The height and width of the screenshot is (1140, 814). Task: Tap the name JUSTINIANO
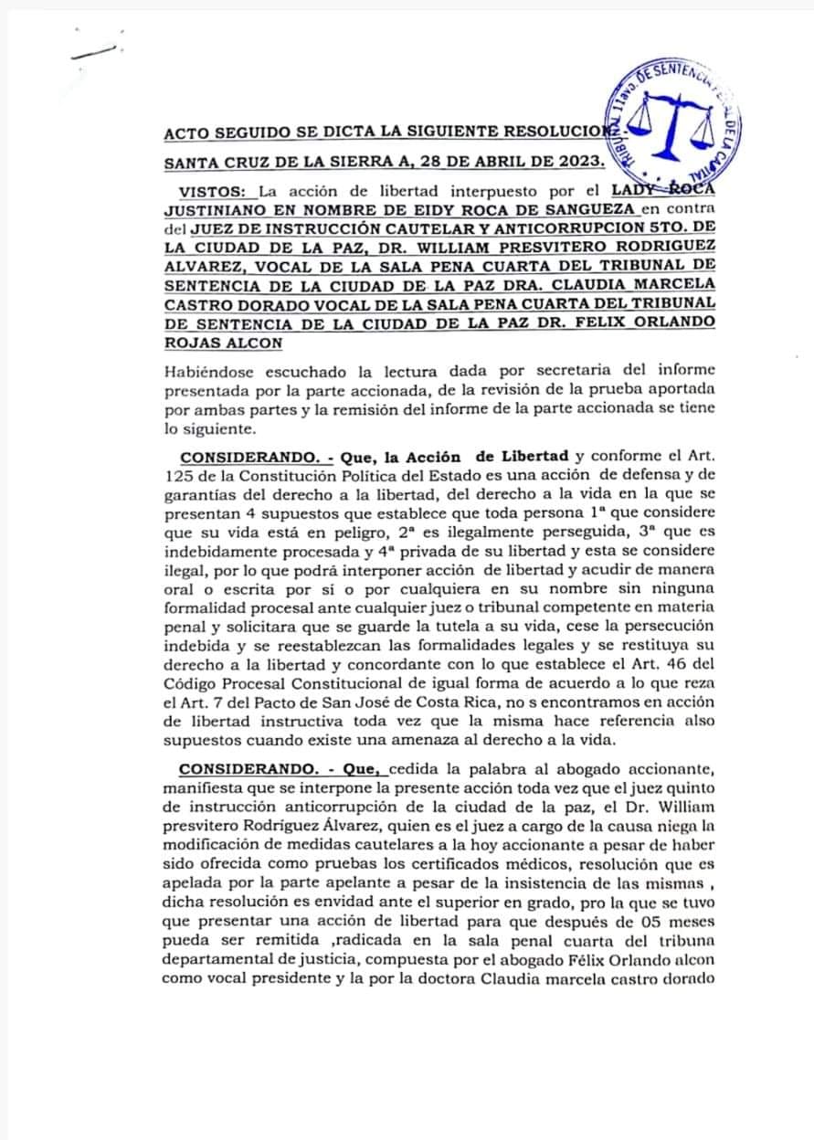[224, 209]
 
